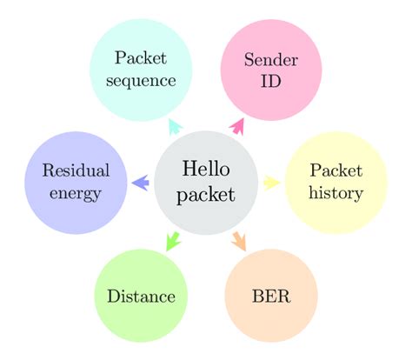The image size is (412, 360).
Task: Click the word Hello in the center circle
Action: tap(206, 169)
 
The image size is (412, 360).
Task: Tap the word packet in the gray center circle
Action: tap(206, 195)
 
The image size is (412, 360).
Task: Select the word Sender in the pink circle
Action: tap(270, 61)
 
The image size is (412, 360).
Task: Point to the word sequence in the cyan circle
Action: tap(141, 81)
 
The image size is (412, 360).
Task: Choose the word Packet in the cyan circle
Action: tap(141, 59)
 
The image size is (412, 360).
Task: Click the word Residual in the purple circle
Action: tap(75, 170)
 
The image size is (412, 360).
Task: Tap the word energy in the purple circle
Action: tap(75, 193)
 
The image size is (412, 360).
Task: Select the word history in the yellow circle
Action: tap(336, 193)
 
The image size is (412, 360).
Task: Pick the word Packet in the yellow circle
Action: tap(336, 170)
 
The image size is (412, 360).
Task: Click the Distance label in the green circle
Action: tap(141, 297)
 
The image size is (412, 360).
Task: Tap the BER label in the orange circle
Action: tap(270, 297)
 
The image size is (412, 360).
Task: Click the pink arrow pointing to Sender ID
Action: tap(237, 126)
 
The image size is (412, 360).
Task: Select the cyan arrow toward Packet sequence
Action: tap(174, 126)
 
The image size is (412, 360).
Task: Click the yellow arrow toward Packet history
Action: tap(271, 182)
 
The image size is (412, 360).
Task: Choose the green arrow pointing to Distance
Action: tap(172, 239)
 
